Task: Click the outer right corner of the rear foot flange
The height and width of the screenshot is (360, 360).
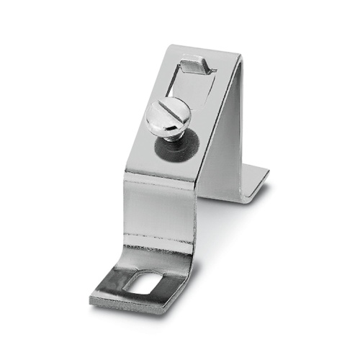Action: [268, 173]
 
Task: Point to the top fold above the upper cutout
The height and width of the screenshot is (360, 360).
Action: [209, 52]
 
